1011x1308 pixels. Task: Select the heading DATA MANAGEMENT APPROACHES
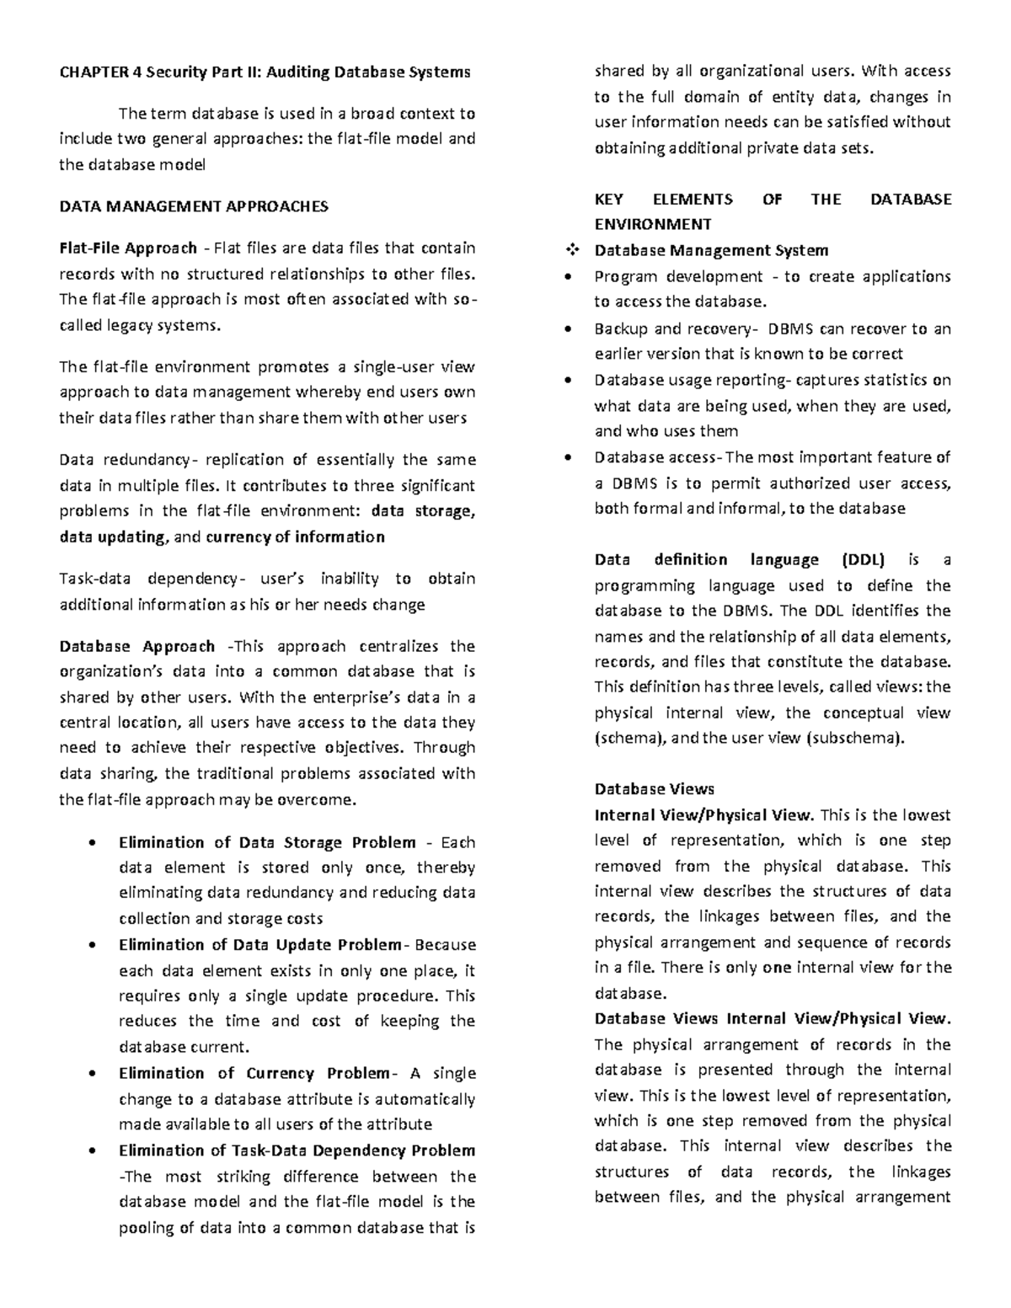coord(194,206)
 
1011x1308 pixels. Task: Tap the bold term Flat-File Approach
coord(128,248)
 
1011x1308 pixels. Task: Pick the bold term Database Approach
coord(137,647)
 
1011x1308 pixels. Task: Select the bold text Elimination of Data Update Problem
coord(259,945)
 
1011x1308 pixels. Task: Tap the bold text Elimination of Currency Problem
coord(253,1074)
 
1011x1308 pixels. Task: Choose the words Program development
coord(666,277)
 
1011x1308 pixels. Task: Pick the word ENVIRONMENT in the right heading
coord(652,225)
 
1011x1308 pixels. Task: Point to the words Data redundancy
coord(125,461)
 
